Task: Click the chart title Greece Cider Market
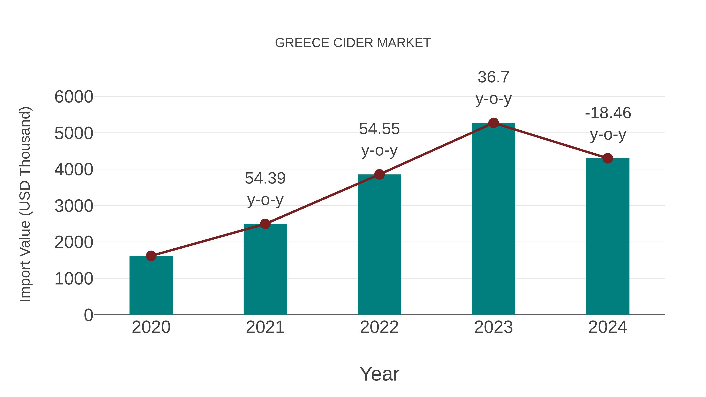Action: tap(353, 43)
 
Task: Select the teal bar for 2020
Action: tap(151, 286)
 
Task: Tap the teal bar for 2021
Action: tap(265, 270)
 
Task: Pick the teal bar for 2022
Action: tap(379, 245)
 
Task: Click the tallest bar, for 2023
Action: tap(493, 219)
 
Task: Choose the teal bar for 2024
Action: tap(608, 237)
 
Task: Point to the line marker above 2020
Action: tap(151, 256)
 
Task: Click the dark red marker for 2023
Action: tap(493, 123)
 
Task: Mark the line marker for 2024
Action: tap(608, 158)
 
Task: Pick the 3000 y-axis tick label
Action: tap(74, 206)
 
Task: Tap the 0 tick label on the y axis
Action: tap(88, 315)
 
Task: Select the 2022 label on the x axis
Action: tap(379, 327)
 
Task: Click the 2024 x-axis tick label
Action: tap(608, 327)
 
